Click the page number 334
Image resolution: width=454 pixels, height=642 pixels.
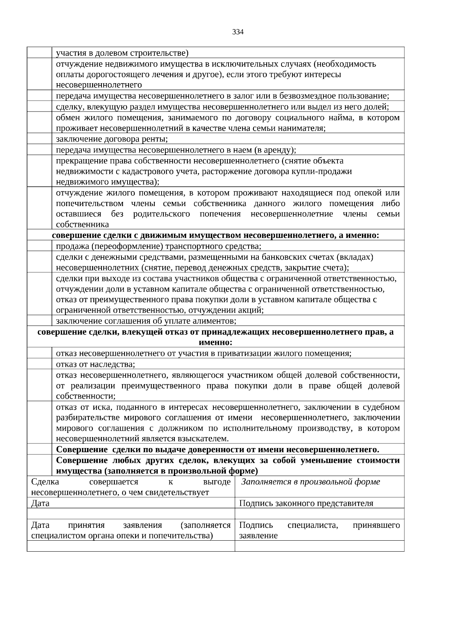(x=238, y=32)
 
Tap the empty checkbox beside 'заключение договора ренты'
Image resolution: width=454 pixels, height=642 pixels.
(x=39, y=139)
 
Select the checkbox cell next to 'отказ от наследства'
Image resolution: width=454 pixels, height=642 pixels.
(x=39, y=364)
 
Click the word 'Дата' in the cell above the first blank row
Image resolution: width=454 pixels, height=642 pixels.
(x=40, y=503)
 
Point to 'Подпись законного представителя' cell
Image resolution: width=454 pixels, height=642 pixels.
(x=306, y=503)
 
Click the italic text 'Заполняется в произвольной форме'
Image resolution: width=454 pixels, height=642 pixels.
(x=310, y=482)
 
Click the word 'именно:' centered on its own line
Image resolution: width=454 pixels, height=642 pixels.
(x=215, y=343)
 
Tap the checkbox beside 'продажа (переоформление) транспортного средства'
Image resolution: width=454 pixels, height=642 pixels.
(x=39, y=247)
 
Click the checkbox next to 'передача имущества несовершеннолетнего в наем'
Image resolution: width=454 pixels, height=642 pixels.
(x=39, y=150)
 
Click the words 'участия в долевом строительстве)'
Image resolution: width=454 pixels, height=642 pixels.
(x=122, y=53)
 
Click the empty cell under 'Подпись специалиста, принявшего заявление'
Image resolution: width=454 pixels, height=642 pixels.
(x=319, y=546)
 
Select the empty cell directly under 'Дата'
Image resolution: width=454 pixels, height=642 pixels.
(x=131, y=513)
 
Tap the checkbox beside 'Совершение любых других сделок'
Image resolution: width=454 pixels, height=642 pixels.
(x=39, y=465)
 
